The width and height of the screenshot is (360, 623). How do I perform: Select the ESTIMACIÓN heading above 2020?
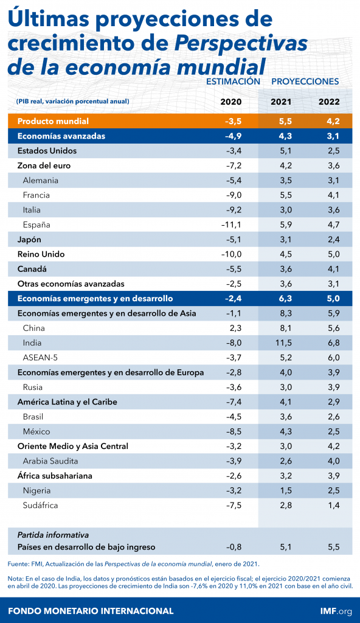click(234, 82)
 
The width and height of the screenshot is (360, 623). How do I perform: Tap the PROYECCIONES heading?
click(305, 82)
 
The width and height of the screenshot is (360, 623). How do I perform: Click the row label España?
click(36, 224)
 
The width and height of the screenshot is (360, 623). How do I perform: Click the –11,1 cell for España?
click(231, 224)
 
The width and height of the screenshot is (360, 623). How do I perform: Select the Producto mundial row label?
click(54, 121)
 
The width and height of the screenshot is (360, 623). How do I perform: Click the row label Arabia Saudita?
click(50, 461)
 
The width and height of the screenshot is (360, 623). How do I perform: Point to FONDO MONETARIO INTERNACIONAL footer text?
click(91, 610)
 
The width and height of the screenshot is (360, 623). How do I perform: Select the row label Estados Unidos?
click(47, 150)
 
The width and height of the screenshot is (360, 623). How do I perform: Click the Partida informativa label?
click(53, 535)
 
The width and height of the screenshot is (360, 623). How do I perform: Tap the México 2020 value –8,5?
click(234, 431)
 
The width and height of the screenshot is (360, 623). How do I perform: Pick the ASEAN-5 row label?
click(40, 358)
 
